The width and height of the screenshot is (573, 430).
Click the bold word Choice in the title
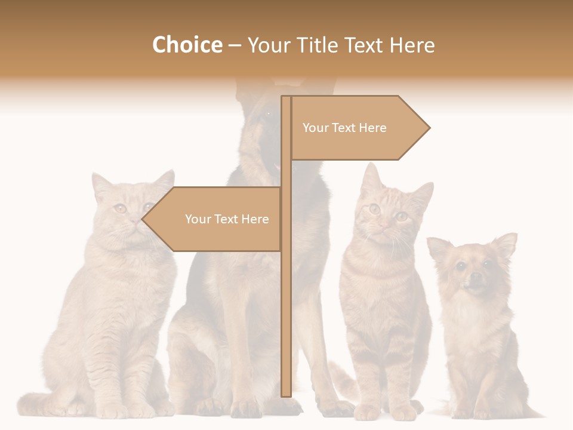click(x=187, y=45)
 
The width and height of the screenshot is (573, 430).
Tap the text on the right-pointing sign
click(x=344, y=128)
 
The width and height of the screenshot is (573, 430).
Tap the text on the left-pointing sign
click(x=227, y=219)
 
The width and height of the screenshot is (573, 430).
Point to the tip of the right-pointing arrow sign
click(x=429, y=127)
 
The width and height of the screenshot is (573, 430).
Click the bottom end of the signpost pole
click(x=286, y=394)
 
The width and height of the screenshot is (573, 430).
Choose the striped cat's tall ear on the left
click(x=371, y=177)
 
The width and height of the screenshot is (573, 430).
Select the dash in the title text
click(x=235, y=45)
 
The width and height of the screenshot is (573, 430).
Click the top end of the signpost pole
click(x=286, y=99)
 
